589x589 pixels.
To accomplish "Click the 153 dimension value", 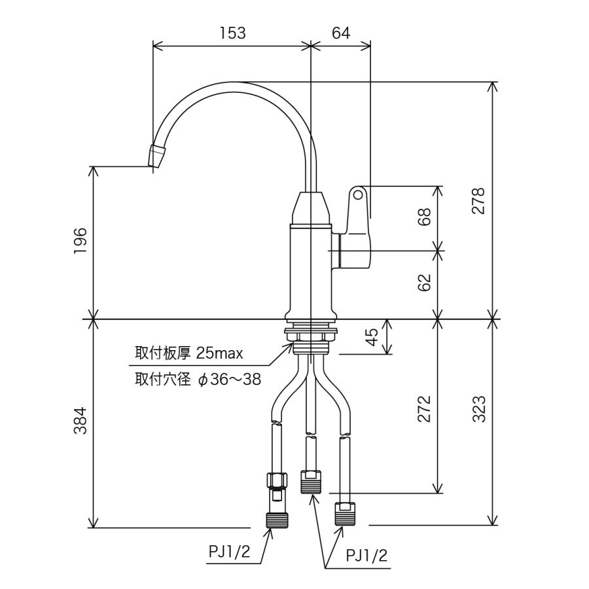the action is (x=233, y=33).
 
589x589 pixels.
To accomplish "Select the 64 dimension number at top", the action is (x=341, y=33).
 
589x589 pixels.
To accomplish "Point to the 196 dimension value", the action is (x=80, y=241).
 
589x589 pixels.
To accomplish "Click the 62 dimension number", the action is (x=424, y=283).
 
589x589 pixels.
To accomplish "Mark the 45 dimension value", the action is (x=372, y=337).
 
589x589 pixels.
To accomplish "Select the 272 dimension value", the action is (x=424, y=409).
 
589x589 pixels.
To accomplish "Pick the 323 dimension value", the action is (x=479, y=409).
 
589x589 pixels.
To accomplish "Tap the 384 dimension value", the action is (x=80, y=421).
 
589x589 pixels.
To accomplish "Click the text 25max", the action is (x=219, y=353).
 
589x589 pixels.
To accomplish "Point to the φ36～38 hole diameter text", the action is (x=229, y=380).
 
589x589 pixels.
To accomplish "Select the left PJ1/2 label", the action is (x=229, y=552).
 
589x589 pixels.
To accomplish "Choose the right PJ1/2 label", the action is (x=366, y=556).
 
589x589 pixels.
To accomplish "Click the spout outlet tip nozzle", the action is (x=157, y=156).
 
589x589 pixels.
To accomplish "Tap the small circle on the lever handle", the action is (x=359, y=195).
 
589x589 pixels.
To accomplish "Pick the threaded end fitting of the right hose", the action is (x=345, y=514).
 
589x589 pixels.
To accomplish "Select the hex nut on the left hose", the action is (x=277, y=480).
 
